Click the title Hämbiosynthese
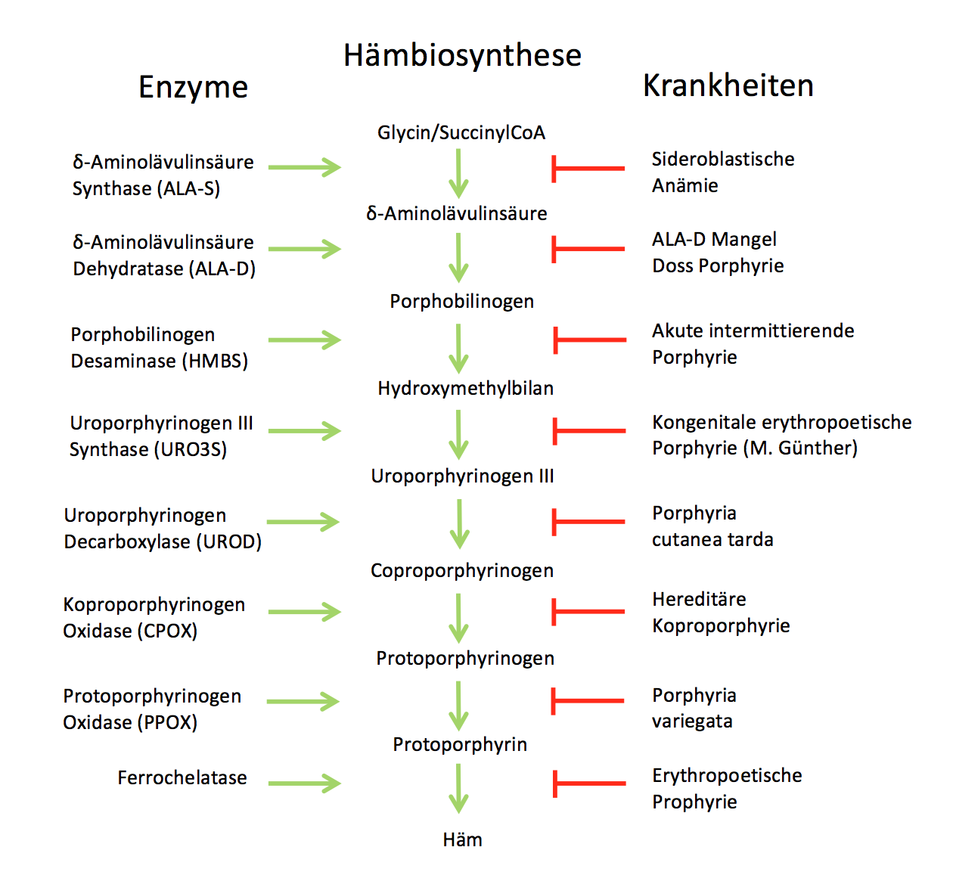pos(462,55)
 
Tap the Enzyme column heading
pos(193,87)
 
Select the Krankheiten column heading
pos(728,85)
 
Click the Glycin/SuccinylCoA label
pos(461,132)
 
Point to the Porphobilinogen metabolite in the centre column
pos(461,301)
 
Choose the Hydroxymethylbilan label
pos(465,388)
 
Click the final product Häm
pos(462,839)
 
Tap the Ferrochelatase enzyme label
pos(182,777)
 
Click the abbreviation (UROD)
pos(228,541)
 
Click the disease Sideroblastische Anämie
pos(722,172)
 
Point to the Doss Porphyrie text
pos(718,265)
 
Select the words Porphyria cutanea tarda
pos(712,526)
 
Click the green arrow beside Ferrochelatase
pos(304,783)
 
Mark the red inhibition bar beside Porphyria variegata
pos(588,701)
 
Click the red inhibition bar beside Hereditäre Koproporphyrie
pos(588,612)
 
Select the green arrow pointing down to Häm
pos(458,787)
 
